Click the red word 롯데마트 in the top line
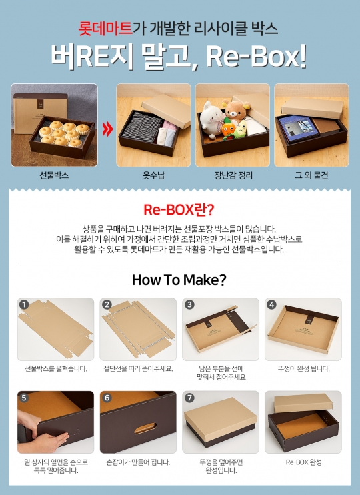coord(105,28)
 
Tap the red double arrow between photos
coord(107,129)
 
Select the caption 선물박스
coord(54,175)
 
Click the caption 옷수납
coord(153,175)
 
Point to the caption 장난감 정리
coord(233,175)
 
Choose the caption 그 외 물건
coord(311,175)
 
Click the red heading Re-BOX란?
coord(179,210)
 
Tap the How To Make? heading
coord(179,280)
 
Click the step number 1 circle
coord(24,304)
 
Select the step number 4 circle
coord(271,304)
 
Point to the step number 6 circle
coord(107,398)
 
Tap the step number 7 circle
coord(189,398)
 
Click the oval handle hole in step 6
coord(145,428)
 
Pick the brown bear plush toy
coord(236,111)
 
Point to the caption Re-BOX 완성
coord(304,462)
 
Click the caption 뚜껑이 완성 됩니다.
coord(303,368)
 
